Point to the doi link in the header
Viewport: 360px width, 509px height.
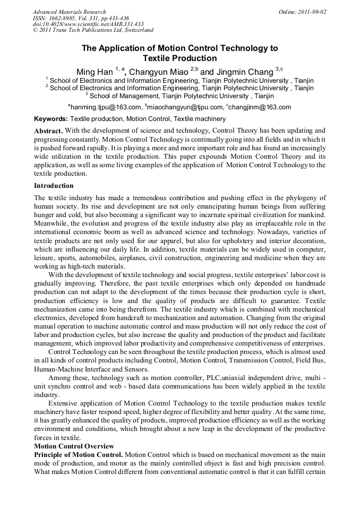click(x=88, y=24)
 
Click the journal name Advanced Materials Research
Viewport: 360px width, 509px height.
click(x=70, y=12)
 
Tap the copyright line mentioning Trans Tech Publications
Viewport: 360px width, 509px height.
click(x=93, y=30)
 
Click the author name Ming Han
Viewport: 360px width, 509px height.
click(x=94, y=72)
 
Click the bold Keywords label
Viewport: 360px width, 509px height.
click(x=51, y=119)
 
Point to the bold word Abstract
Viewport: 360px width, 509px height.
click(x=49, y=131)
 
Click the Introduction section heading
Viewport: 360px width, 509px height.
click(x=54, y=186)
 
